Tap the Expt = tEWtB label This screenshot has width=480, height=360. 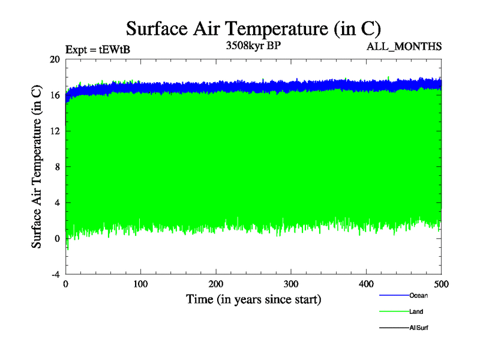[97, 50]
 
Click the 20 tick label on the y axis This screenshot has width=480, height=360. [55, 59]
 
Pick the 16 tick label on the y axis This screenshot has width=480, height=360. [55, 95]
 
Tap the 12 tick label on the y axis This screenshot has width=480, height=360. [55, 131]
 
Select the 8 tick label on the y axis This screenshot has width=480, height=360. [57, 167]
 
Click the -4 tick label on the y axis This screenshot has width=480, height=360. [55, 274]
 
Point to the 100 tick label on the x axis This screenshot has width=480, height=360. [140, 284]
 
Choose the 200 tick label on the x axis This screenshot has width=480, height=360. [215, 284]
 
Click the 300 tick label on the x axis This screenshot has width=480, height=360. [291, 284]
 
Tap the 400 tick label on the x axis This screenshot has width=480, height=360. [366, 284]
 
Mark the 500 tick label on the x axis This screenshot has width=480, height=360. [441, 284]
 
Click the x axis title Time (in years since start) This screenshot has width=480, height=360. [253, 299]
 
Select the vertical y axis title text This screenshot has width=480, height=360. [37, 167]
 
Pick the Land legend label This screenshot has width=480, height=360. [416, 311]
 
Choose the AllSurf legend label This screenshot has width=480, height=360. [419, 328]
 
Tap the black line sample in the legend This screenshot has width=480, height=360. [394, 328]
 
